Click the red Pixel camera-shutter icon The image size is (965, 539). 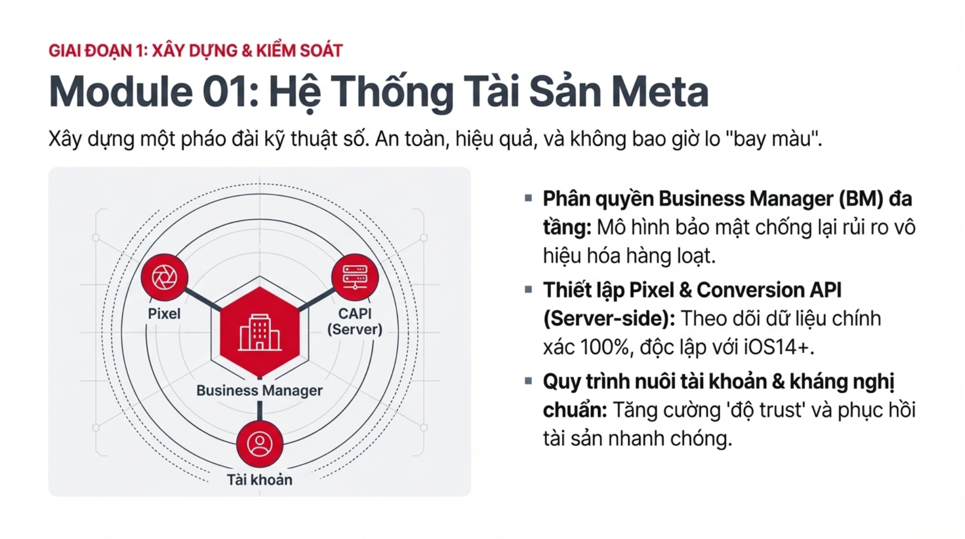164,277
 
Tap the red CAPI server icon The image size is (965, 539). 355,277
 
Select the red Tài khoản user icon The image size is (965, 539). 260,444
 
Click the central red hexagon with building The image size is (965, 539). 259,333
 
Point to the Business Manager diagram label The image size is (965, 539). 259,391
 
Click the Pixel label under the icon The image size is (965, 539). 164,314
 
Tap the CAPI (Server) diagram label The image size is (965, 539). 355,321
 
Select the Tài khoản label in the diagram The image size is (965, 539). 259,480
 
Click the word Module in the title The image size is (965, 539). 120,92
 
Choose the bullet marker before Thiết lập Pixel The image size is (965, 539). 528,289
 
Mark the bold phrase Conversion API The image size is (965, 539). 769,290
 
